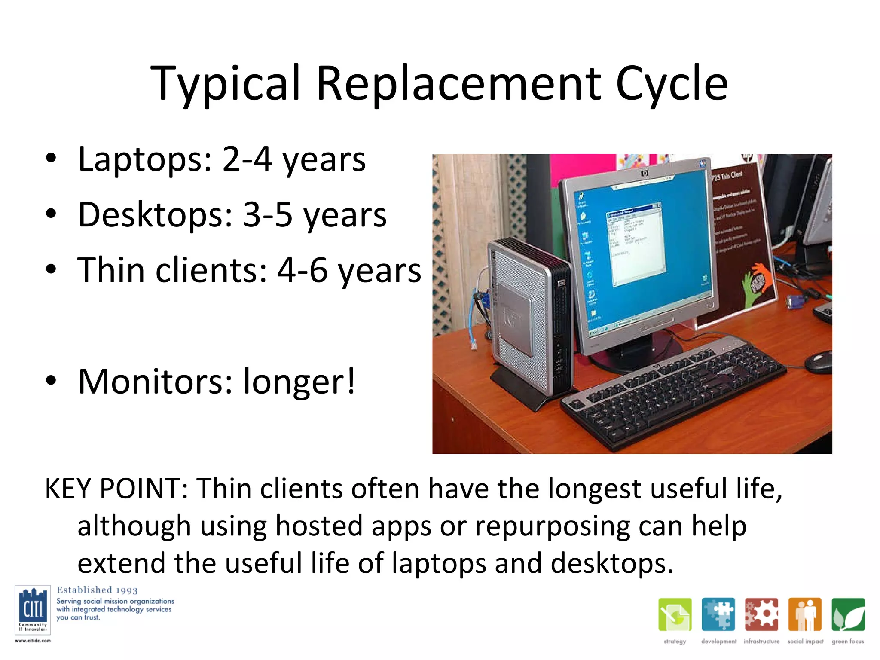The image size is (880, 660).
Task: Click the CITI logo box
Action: pos(33,609)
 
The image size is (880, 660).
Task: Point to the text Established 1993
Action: pos(97,590)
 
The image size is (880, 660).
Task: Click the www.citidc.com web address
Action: pos(33,641)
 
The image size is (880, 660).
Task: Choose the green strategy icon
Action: pos(675,614)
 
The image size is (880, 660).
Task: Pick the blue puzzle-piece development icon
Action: pos(718,614)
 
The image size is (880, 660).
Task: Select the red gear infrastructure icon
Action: pos(761,614)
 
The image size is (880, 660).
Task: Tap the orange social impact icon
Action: pos(804,614)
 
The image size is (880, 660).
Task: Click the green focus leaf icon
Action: pos(848,614)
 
